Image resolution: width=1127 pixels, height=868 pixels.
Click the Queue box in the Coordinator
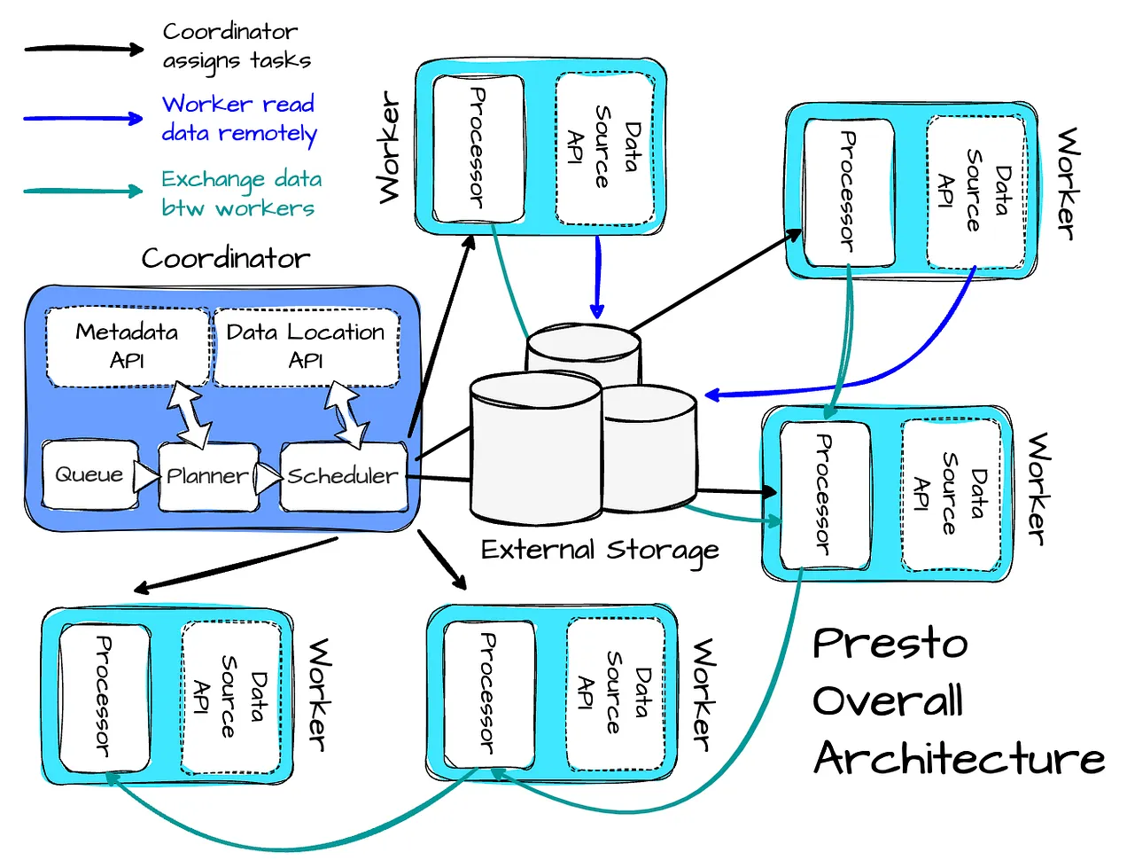point(89,475)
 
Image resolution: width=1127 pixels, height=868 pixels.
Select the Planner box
point(207,477)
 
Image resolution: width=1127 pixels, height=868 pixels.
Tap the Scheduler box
point(343,477)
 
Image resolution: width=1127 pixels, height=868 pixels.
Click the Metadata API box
point(127,346)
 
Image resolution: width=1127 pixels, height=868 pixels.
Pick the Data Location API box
point(306,346)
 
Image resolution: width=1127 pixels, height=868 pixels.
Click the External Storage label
point(599,551)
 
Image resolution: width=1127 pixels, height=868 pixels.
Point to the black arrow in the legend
point(83,49)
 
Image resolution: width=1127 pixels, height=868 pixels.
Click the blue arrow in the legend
point(83,118)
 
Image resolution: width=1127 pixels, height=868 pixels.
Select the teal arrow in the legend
point(83,191)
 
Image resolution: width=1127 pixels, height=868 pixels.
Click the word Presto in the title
point(890,644)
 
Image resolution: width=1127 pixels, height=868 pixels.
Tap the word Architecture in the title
point(959,759)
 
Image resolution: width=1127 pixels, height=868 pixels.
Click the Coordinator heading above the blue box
point(226,259)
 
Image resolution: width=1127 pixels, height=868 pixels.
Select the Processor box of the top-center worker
point(478,148)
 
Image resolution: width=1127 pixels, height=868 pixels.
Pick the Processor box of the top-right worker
point(848,192)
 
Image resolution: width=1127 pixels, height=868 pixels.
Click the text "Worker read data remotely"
point(238,119)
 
